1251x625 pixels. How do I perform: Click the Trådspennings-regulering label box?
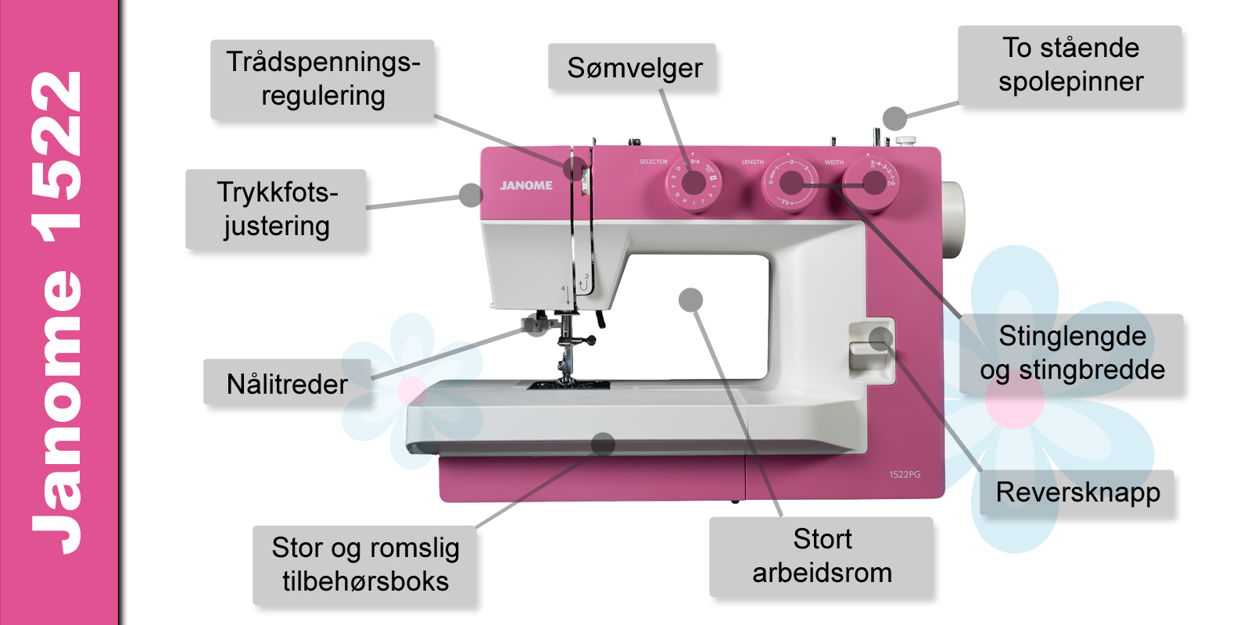tap(322, 80)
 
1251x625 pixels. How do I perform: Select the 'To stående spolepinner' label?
tap(1070, 65)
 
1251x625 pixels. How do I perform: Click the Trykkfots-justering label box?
tap(276, 209)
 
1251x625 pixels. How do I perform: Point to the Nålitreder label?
tap(287, 384)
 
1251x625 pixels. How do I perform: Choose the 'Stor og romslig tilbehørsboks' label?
tap(364, 565)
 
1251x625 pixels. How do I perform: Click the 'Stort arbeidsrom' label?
tap(821, 556)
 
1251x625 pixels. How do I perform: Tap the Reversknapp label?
tap(1077, 492)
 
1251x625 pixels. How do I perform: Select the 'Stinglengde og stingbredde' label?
tap(1071, 353)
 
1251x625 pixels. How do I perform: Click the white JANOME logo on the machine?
tap(526, 186)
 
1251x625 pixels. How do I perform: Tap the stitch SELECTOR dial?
tap(694, 184)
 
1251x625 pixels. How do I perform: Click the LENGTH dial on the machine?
tap(790, 184)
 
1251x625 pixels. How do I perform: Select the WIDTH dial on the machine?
tap(873, 183)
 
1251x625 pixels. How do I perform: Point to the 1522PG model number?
tap(905, 474)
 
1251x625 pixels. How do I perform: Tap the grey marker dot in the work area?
tap(690, 300)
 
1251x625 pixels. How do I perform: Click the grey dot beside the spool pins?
tap(894, 119)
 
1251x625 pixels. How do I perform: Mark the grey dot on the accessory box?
tap(603, 445)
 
